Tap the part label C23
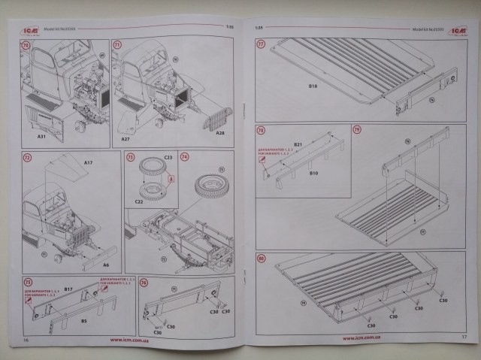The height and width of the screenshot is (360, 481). [168, 158]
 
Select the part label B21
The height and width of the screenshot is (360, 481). [298, 144]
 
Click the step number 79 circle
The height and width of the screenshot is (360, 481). [358, 130]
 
